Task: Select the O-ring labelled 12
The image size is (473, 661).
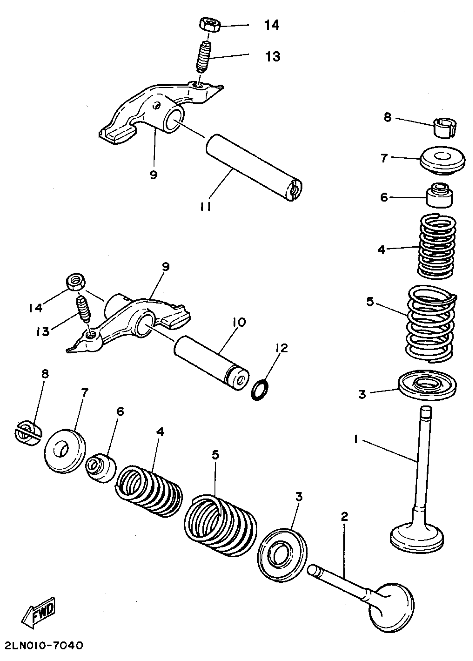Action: click(x=260, y=389)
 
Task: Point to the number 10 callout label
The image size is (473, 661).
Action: click(x=239, y=322)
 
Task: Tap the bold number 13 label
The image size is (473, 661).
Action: click(x=273, y=56)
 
